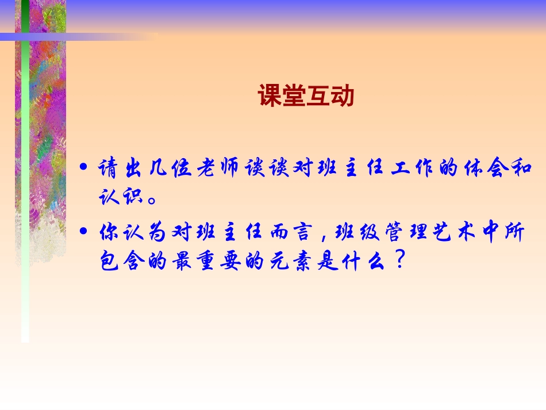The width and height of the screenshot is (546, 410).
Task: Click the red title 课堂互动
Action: [x=306, y=96]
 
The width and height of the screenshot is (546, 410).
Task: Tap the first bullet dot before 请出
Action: [x=84, y=168]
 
